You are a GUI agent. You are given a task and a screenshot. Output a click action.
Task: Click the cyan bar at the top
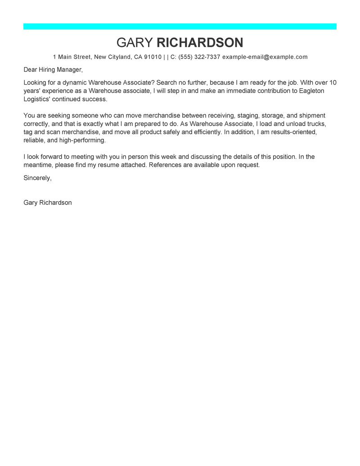180,27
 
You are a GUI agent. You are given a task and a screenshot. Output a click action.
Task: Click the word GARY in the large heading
135,43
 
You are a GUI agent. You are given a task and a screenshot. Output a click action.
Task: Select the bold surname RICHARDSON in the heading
200,43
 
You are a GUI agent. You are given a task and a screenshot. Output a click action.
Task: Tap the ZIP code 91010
153,57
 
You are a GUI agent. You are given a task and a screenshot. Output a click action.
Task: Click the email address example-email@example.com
265,57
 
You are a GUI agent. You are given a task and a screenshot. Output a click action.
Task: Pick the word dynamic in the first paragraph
74,82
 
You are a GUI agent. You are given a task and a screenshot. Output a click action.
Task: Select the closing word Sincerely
37,178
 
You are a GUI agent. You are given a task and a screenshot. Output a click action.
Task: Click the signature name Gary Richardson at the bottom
48,203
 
